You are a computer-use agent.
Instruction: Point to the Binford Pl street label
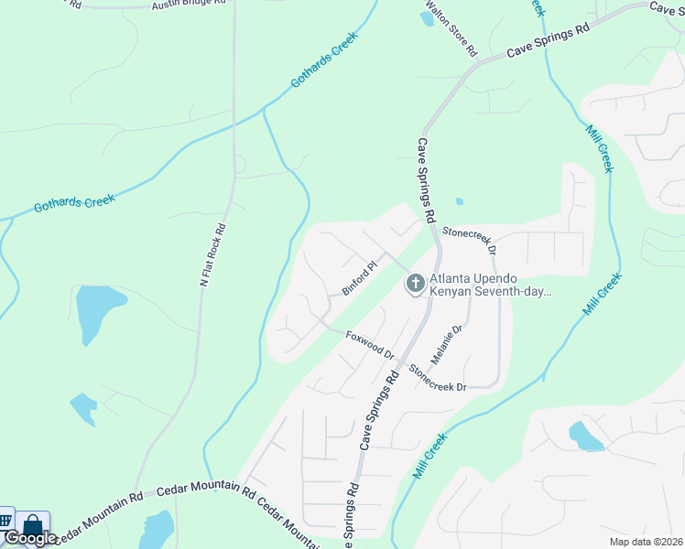point(360,279)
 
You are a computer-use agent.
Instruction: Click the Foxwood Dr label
point(370,346)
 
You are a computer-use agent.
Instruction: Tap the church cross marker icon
point(414,284)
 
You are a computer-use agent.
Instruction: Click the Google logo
point(30,538)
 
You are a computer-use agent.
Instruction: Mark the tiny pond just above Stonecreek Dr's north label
point(459,202)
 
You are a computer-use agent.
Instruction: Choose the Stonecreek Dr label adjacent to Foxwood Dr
point(438,376)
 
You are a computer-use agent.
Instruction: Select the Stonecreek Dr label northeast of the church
point(469,241)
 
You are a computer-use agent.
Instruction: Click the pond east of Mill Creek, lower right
point(585,436)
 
